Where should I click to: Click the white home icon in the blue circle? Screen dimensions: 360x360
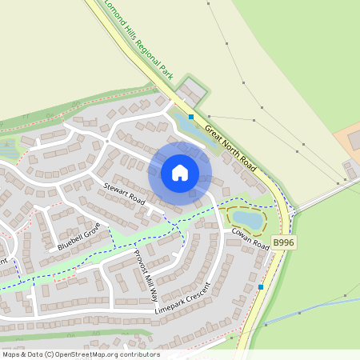pyautogui.click(x=180, y=172)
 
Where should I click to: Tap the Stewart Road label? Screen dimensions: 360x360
pyautogui.click(x=124, y=194)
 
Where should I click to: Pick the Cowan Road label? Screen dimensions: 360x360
pyautogui.click(x=250, y=238)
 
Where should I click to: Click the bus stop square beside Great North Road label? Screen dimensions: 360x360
pyautogui.click(x=191, y=116)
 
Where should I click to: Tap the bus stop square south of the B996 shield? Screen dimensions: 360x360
pyautogui.click(x=261, y=286)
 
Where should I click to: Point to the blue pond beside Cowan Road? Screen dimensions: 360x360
pyautogui.click(x=246, y=218)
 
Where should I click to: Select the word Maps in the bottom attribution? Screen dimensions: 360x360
pyautogui.click(x=12, y=354)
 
